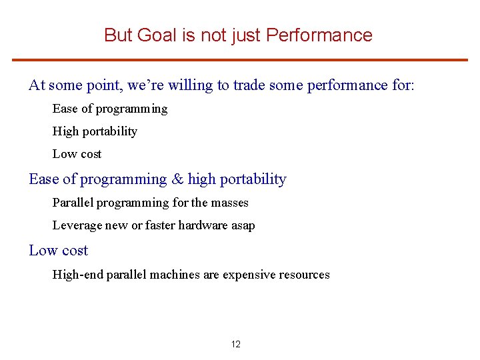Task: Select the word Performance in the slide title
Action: (319, 35)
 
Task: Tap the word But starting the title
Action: (119, 35)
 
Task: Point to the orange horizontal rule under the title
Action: (240, 60)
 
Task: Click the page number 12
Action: (236, 344)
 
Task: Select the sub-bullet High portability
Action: (95, 131)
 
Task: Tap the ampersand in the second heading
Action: (177, 179)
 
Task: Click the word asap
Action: (242, 225)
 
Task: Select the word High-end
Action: (75, 275)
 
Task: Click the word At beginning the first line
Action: (37, 85)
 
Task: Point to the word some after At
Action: (65, 85)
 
